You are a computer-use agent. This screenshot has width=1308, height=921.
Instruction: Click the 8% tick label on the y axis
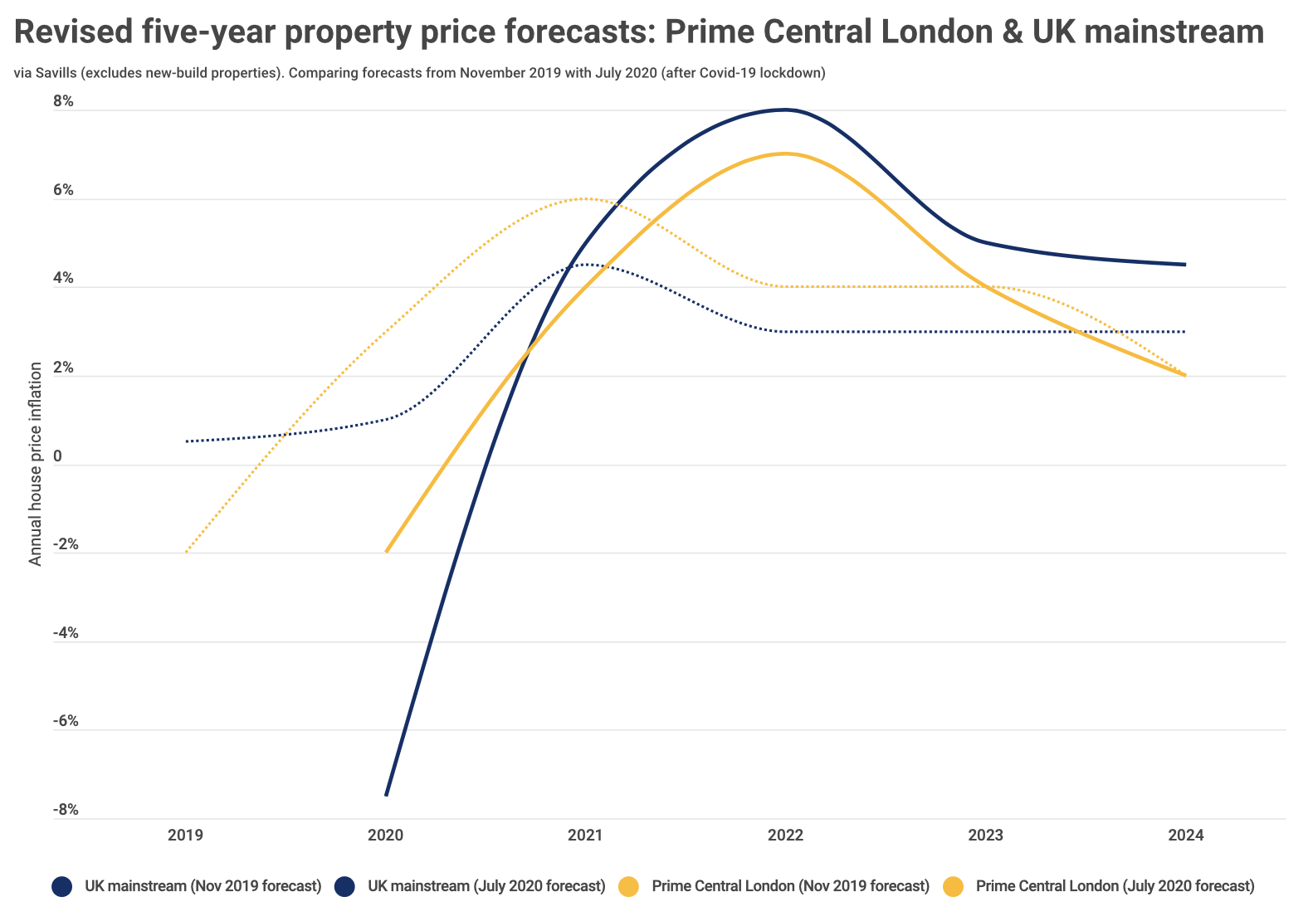pos(64,102)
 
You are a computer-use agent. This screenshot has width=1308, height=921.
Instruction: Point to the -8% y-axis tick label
pos(64,810)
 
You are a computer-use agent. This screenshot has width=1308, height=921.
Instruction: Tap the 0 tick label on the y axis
pos(58,456)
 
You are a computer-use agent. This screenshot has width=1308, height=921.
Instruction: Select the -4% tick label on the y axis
pos(64,633)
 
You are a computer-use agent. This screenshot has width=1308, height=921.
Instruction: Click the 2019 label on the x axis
pos(185,835)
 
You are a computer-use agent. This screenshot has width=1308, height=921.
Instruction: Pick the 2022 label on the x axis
pos(785,835)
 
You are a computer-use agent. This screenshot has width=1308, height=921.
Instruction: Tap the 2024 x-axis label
pos(1185,835)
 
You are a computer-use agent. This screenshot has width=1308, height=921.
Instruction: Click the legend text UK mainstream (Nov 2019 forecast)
pos(203,886)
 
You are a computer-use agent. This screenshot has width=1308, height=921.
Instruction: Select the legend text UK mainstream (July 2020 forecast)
pos(486,886)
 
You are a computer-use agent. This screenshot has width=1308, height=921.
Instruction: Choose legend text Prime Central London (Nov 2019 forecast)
pos(790,886)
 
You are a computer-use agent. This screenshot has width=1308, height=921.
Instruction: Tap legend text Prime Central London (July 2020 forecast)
pos(1115,886)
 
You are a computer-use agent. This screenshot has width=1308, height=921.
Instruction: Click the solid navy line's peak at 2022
pos(785,110)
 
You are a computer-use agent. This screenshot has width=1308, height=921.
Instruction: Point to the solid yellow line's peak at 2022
pos(785,153)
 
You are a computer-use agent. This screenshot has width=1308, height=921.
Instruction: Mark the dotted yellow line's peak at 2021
pos(585,198)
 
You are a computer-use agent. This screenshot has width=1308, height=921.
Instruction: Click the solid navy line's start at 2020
pos(386,795)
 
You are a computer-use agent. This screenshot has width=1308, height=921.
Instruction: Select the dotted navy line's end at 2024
pos(1185,332)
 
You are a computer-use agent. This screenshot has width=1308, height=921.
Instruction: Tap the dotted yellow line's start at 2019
pos(186,553)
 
